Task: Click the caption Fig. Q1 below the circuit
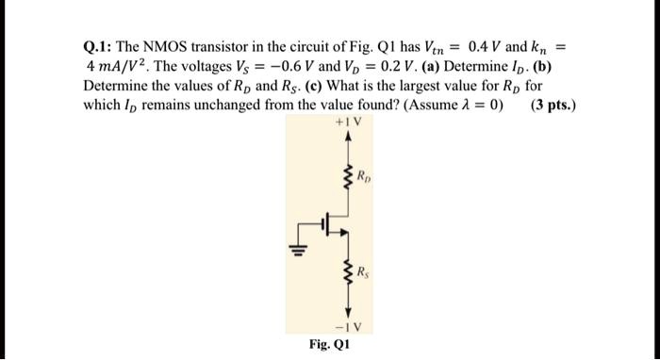point(330,345)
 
